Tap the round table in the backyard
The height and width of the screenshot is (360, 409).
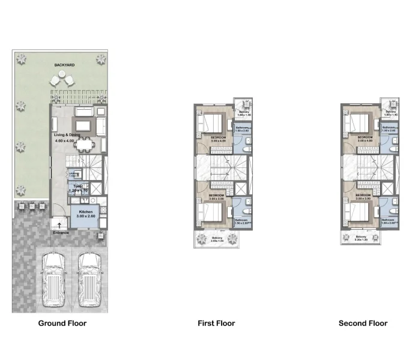click(x=62, y=79)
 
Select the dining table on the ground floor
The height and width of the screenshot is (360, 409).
click(x=89, y=143)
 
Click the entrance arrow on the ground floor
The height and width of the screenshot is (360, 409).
click(x=59, y=225)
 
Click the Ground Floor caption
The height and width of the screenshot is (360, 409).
click(x=62, y=323)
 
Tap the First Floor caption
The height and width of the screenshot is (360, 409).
click(x=216, y=323)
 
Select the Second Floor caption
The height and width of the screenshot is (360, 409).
click(x=363, y=323)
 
